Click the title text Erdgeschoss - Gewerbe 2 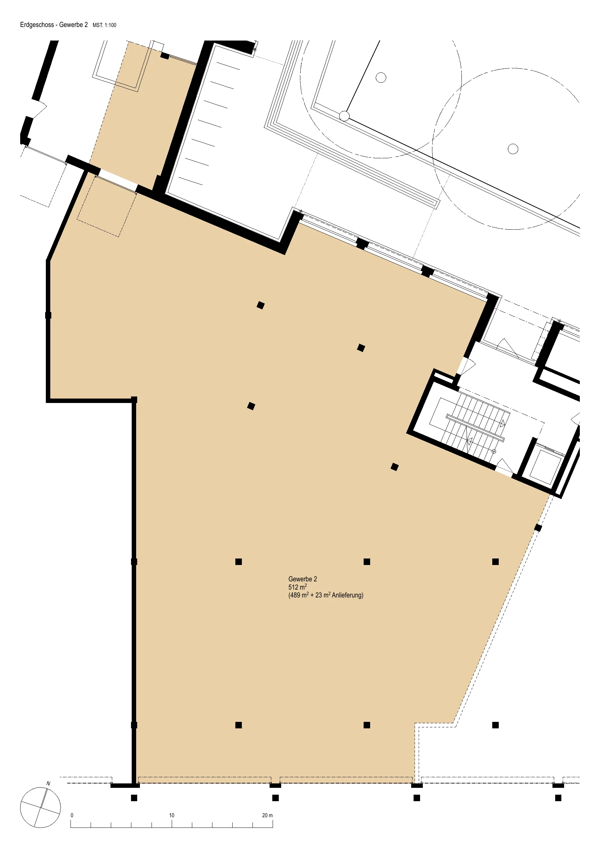(54, 25)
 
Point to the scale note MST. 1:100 (104, 25)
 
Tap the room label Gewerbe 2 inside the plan (302, 579)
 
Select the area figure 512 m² (298, 587)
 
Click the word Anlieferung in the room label (348, 595)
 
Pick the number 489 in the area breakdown (295, 595)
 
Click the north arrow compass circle (40, 807)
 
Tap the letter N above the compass (49, 783)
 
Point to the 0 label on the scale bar (72, 815)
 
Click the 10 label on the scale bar (171, 815)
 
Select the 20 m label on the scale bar (267, 815)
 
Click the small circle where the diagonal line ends (344, 116)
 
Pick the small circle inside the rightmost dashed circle (513, 149)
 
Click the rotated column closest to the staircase (394, 467)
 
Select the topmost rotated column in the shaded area (261, 305)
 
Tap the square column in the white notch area (495, 725)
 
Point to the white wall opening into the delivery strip (118, 180)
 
